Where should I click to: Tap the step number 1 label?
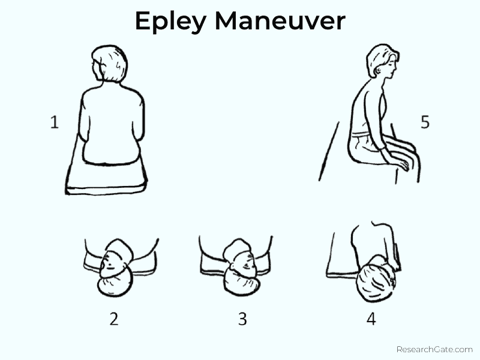tap(54, 123)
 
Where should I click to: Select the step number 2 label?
tap(113, 319)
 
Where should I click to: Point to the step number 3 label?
tap(242, 319)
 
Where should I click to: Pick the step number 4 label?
tap(371, 319)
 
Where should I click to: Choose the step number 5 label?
tap(425, 122)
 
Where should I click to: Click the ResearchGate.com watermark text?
tap(434, 349)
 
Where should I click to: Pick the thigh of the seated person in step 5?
tap(384, 147)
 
